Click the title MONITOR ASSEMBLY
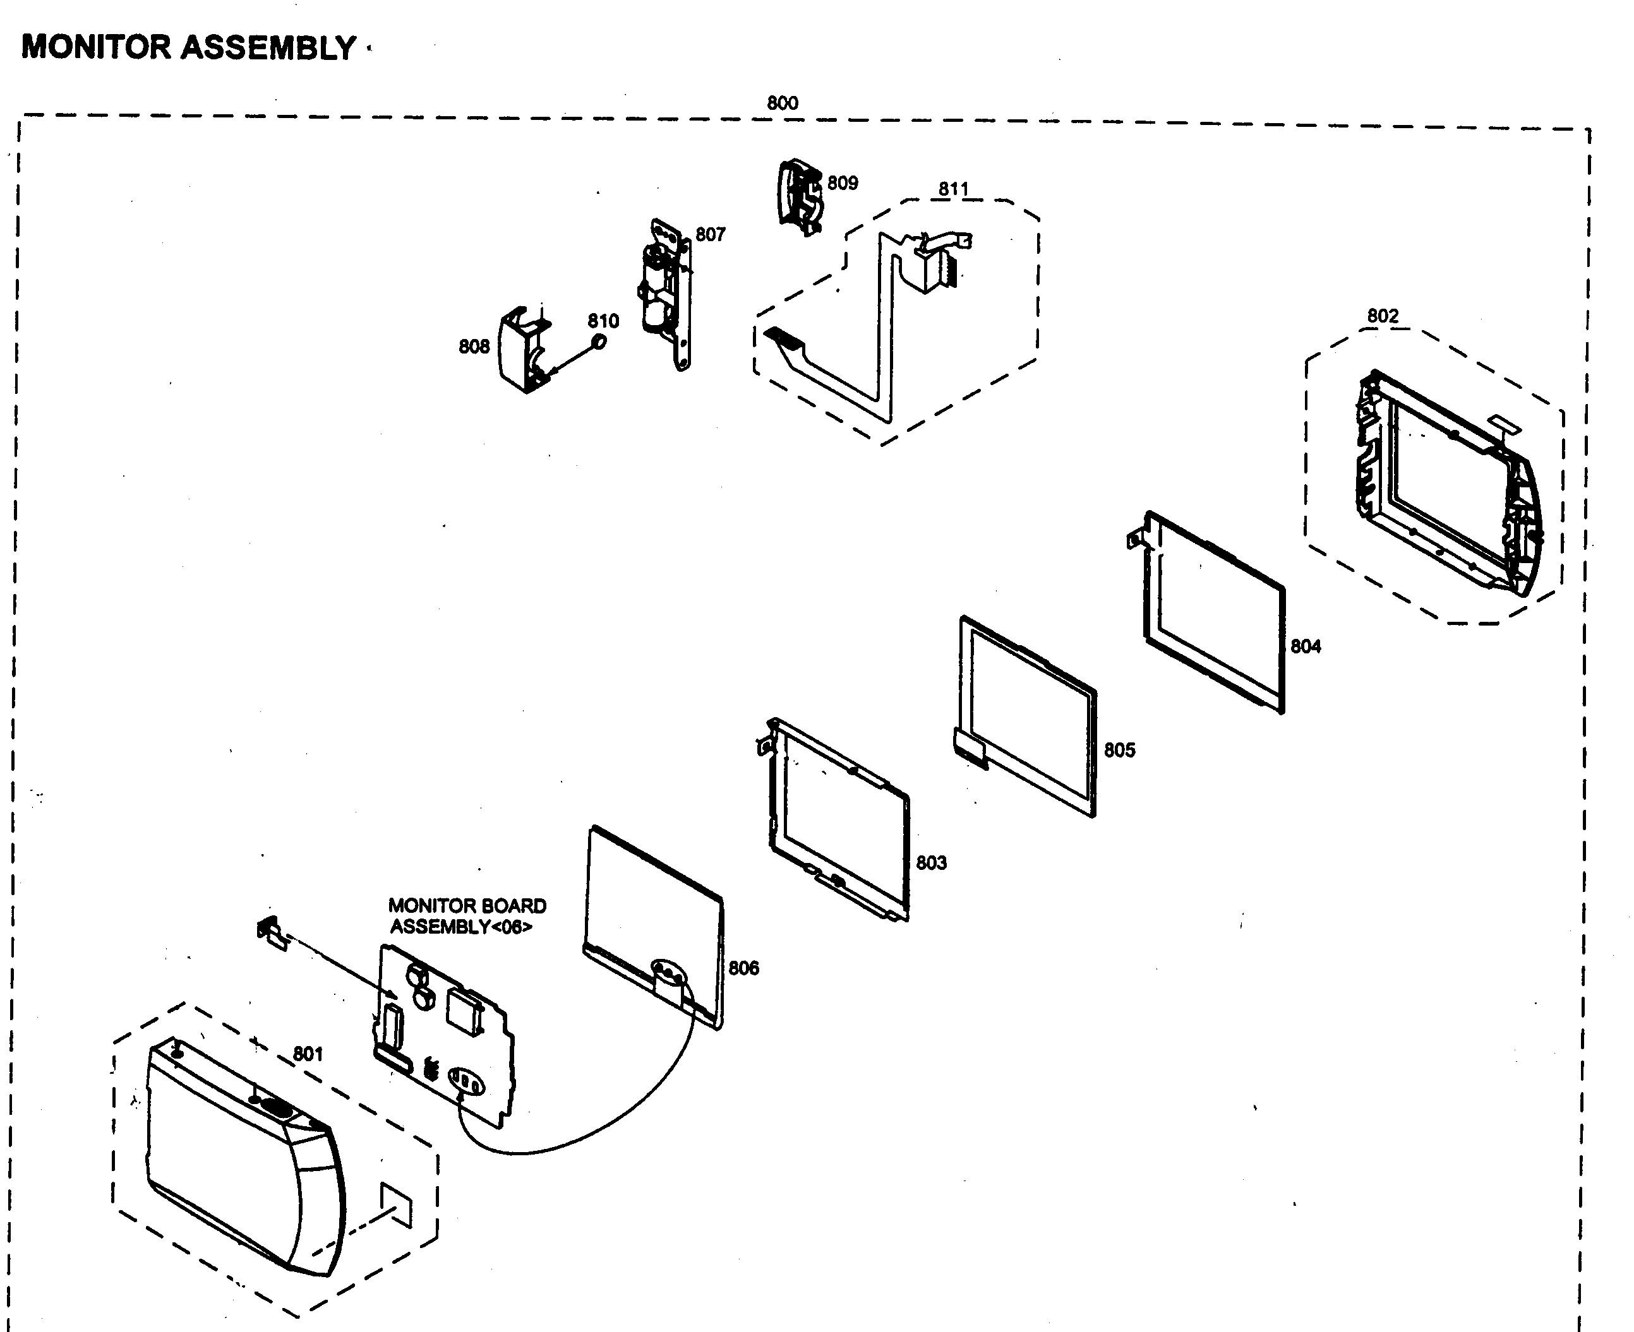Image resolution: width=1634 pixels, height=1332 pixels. click(x=188, y=47)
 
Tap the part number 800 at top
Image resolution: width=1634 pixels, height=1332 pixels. click(x=782, y=103)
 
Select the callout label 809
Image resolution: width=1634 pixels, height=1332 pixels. click(x=842, y=182)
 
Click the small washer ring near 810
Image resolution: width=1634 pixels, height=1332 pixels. click(x=598, y=342)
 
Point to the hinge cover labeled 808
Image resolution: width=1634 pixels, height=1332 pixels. click(x=522, y=350)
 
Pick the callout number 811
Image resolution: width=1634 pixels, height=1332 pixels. click(x=953, y=189)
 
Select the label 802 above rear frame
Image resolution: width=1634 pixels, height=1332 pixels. click(x=1382, y=316)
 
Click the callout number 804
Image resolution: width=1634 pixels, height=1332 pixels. click(x=1305, y=646)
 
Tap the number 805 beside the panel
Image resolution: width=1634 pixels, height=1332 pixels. click(x=1119, y=749)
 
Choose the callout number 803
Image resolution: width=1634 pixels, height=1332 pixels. click(x=931, y=862)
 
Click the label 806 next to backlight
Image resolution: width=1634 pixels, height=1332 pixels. click(x=743, y=968)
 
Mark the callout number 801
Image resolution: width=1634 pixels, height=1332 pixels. click(x=308, y=1054)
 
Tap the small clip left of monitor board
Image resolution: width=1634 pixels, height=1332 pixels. click(x=270, y=932)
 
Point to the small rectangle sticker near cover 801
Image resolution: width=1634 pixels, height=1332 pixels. click(x=396, y=1204)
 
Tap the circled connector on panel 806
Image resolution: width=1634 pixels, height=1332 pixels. click(x=668, y=975)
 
